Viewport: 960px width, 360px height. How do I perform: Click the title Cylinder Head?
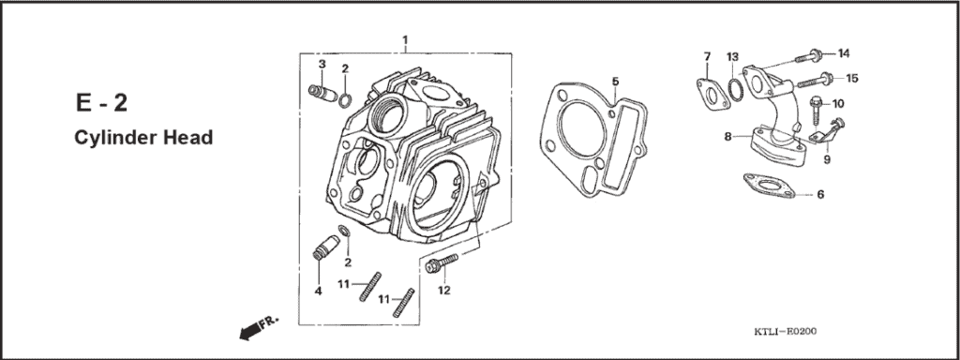[143, 137]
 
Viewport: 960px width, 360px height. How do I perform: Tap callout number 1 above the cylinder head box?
[405, 39]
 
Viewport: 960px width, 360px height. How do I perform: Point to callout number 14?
[843, 52]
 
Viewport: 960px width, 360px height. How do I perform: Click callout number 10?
[837, 103]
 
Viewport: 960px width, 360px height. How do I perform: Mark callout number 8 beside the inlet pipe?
[727, 137]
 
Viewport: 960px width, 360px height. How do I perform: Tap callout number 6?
[820, 195]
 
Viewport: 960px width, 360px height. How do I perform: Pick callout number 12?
[444, 291]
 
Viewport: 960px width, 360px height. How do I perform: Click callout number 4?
[318, 292]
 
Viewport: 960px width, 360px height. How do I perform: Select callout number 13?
[733, 57]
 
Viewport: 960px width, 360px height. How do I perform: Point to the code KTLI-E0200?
[785, 332]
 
